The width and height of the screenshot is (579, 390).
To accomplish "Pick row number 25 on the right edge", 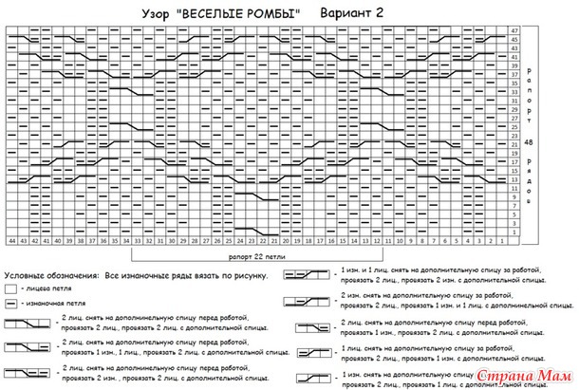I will (x=514, y=126).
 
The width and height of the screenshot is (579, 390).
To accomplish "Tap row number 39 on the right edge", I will (x=514, y=66).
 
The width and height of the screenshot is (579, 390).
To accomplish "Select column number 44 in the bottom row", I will (x=12, y=242).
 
